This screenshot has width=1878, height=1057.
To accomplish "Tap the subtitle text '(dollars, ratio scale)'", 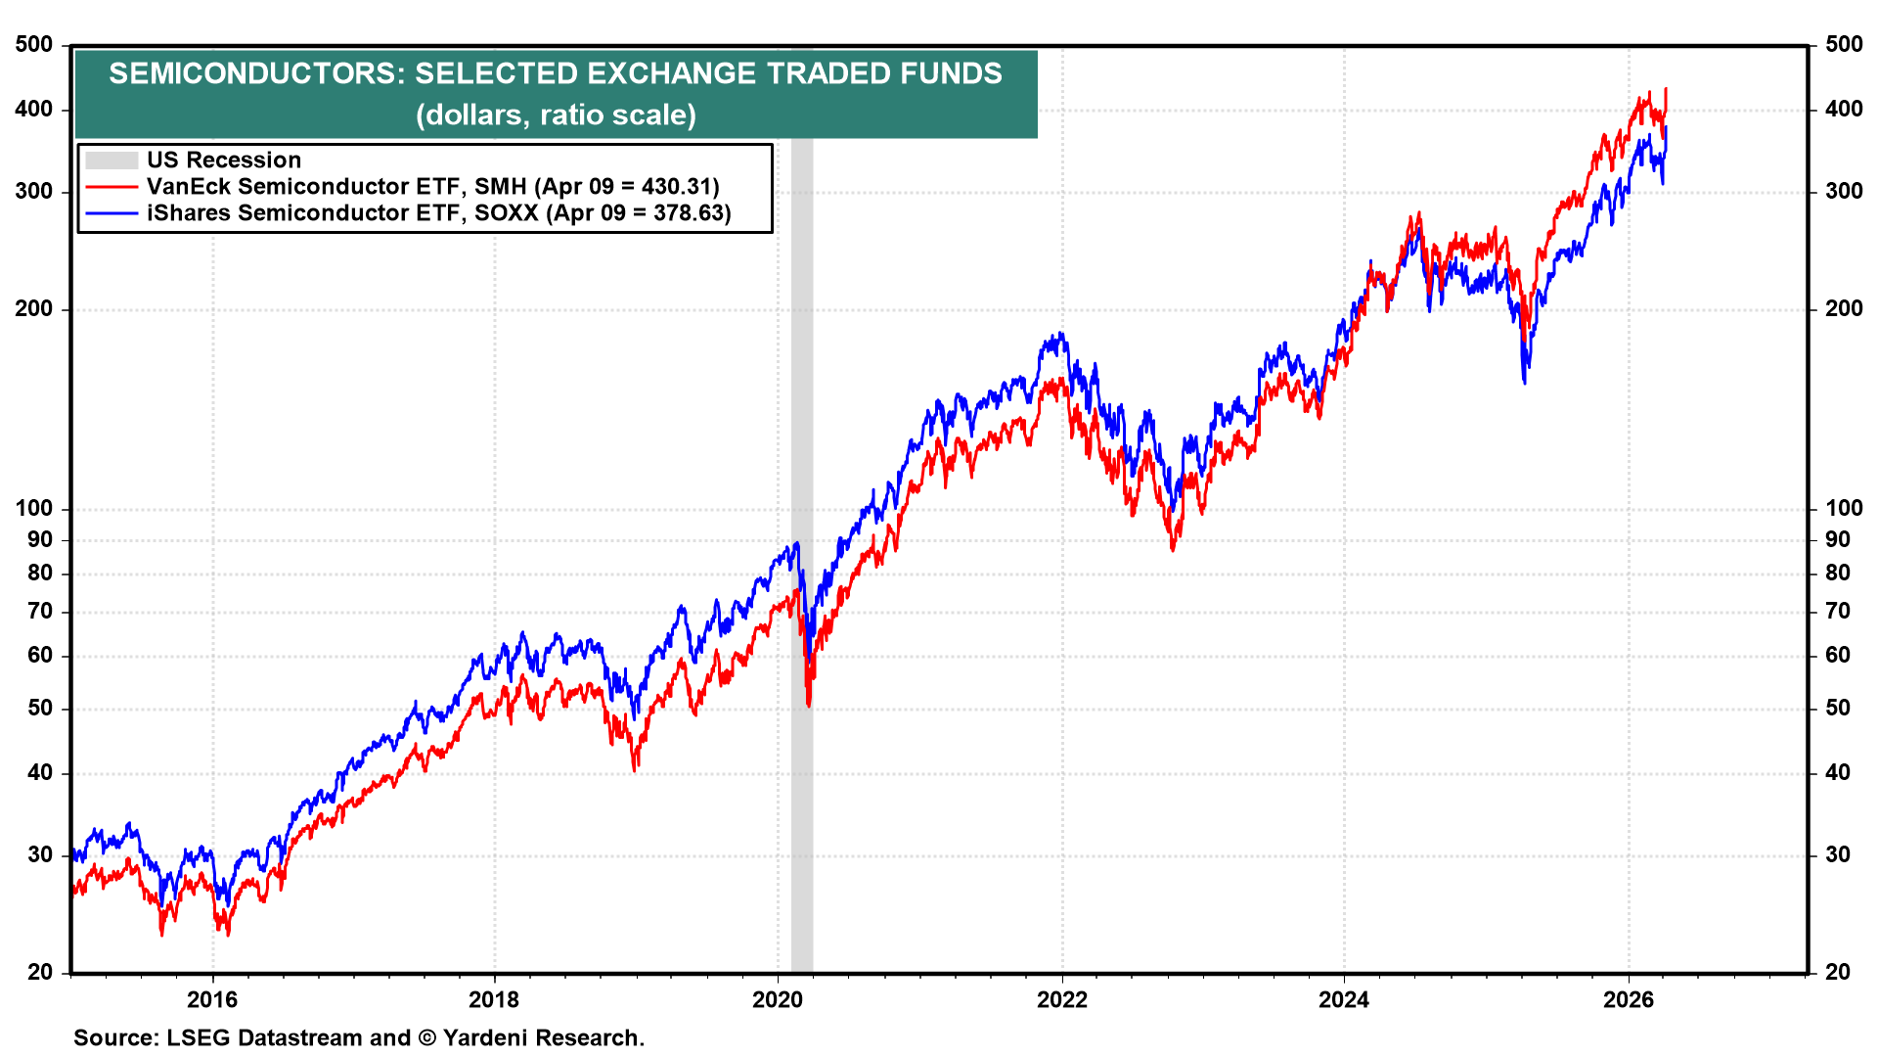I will (x=556, y=115).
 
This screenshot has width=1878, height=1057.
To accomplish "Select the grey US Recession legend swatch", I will (x=111, y=161).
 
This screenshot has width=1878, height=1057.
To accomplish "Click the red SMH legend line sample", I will (x=111, y=187).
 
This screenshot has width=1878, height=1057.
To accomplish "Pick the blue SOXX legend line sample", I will (x=111, y=213).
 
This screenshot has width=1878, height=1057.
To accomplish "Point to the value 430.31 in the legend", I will (x=674, y=187).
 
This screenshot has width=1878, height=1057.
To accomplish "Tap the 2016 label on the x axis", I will (x=212, y=999).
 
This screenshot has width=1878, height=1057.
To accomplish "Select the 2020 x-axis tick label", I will (x=778, y=999).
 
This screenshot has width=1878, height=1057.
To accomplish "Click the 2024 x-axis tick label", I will (x=1344, y=999).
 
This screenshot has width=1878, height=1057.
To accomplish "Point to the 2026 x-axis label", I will (x=1629, y=999).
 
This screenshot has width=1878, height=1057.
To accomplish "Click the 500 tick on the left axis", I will (x=34, y=45).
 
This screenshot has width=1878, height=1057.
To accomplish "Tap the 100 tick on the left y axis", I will (x=34, y=509).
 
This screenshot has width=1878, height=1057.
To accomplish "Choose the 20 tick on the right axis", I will (x=1838, y=972).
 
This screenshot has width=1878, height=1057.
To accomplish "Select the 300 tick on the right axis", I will (x=1844, y=192).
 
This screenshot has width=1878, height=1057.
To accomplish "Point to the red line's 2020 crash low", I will (x=809, y=703).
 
